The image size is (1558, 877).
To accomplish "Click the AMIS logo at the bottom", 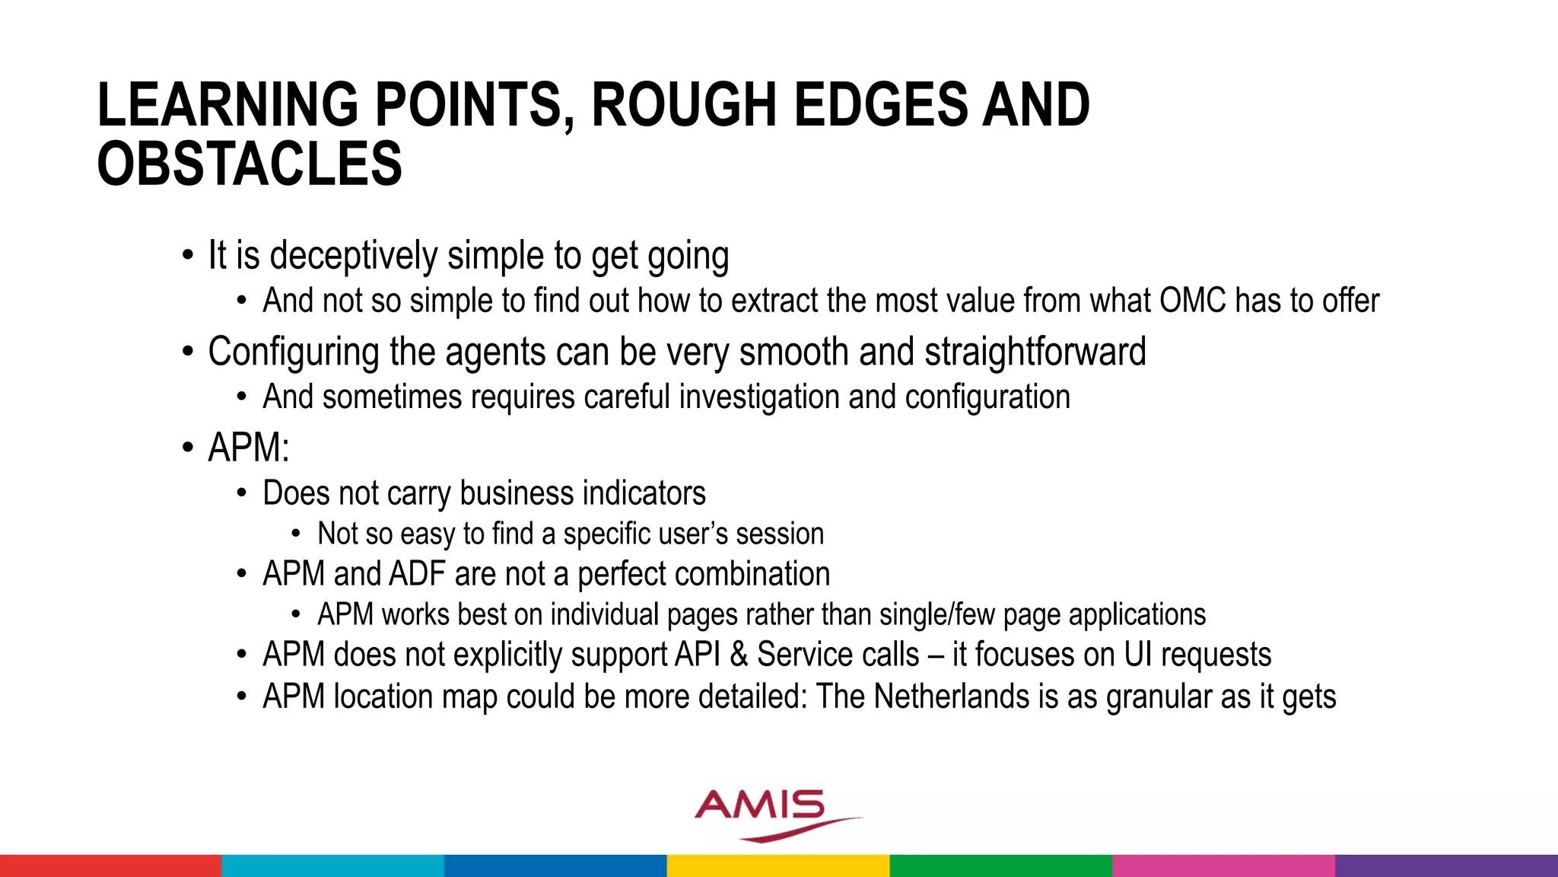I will (768, 813).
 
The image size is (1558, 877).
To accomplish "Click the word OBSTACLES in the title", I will (250, 164).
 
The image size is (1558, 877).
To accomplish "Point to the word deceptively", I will (354, 256).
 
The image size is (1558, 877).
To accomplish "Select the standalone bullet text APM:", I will (249, 448).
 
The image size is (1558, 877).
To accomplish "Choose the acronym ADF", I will (417, 574).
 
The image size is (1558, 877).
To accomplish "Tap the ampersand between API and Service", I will (738, 655).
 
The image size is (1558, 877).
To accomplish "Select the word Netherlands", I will (951, 697).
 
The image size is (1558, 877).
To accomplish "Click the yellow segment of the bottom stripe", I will (778, 866).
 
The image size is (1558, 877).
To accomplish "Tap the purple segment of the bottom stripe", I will (1445, 866).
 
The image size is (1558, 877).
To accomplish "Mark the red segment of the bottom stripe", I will (110, 866).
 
